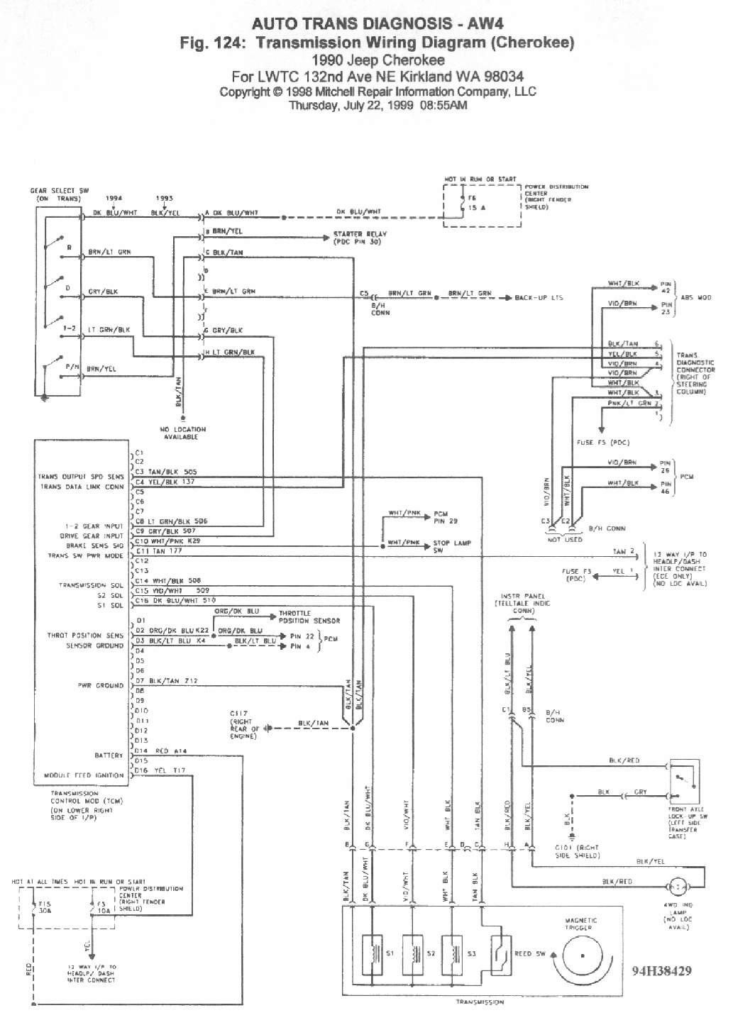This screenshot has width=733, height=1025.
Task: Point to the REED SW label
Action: pyautogui.click(x=529, y=953)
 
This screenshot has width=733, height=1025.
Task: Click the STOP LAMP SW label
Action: pyautogui.click(x=452, y=546)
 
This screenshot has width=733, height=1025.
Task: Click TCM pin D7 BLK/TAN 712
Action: pyautogui.click(x=167, y=680)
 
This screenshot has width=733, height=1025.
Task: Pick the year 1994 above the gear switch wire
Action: pyautogui.click(x=114, y=199)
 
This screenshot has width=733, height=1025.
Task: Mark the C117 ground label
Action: pyautogui.click(x=241, y=724)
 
